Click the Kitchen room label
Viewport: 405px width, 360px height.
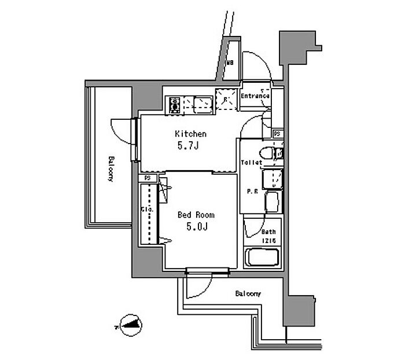pyautogui.click(x=190, y=134)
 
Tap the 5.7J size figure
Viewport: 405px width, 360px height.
pyautogui.click(x=189, y=146)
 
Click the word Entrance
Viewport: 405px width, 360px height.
pyautogui.click(x=255, y=96)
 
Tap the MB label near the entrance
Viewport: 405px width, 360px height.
pyautogui.click(x=230, y=63)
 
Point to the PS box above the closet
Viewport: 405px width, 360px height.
pyautogui.click(x=148, y=178)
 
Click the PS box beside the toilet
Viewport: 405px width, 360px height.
pyautogui.click(x=278, y=134)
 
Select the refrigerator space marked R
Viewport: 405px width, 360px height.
pyautogui.click(x=226, y=100)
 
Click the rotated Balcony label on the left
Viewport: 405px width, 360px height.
pyautogui.click(x=110, y=169)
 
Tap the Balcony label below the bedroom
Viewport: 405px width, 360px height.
pyautogui.click(x=248, y=294)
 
